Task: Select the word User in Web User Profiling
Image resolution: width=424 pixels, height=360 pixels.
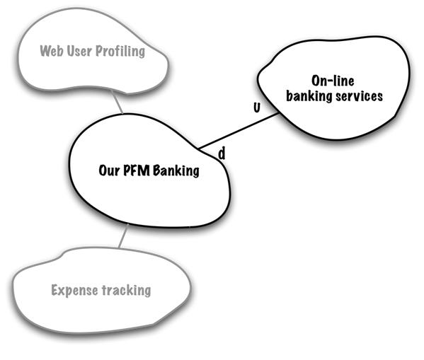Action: click(x=79, y=51)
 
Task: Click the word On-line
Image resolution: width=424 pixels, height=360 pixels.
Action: click(x=333, y=81)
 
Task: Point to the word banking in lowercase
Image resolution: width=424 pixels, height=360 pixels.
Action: click(x=309, y=96)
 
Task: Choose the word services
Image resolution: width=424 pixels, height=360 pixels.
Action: click(x=359, y=96)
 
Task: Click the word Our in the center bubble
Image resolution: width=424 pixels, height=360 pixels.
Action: click(x=109, y=170)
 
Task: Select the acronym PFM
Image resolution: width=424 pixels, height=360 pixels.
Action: click(x=137, y=170)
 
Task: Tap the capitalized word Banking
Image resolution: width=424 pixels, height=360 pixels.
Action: click(x=176, y=171)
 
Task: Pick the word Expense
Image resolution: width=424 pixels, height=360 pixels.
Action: click(x=74, y=291)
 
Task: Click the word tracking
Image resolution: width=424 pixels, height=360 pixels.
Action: click(x=126, y=291)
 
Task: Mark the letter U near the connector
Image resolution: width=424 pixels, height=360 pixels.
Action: click(x=257, y=108)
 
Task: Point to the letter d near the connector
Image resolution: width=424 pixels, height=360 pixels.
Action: click(x=222, y=153)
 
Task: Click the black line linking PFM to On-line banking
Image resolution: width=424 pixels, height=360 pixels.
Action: click(x=239, y=131)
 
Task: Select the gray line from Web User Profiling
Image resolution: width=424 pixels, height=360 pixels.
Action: click(x=117, y=102)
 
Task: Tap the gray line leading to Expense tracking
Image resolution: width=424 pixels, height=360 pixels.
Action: click(x=123, y=236)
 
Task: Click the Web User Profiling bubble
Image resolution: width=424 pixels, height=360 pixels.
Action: click(x=93, y=52)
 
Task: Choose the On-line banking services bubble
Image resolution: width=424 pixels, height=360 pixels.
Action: click(x=333, y=88)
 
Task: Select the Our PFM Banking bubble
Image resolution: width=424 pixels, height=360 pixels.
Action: click(x=149, y=170)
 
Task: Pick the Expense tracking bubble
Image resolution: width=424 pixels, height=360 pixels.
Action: click(x=101, y=291)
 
